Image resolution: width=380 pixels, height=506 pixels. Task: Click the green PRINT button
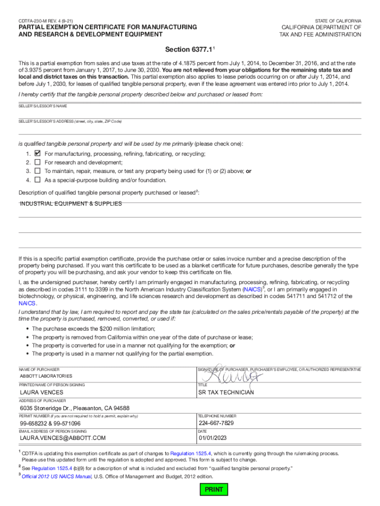coord(214,490)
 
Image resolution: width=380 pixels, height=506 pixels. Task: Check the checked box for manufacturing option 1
coord(37,154)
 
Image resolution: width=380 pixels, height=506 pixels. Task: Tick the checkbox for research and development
coord(37,163)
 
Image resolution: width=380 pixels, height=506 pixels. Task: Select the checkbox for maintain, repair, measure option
coord(37,171)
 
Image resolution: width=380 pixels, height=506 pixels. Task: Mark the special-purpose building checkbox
coord(37,180)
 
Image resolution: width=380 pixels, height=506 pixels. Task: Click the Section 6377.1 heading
coord(190,50)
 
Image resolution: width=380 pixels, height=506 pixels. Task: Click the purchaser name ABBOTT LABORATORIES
coord(45,376)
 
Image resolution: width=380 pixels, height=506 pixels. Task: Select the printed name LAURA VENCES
coord(41,393)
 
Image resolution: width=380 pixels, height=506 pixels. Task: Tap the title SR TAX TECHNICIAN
coord(226,393)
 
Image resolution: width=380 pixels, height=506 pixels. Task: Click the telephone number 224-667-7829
coord(216,423)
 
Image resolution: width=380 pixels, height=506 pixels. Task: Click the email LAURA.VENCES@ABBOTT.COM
coord(63,438)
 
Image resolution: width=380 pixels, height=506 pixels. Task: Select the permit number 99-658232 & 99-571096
coord(50,424)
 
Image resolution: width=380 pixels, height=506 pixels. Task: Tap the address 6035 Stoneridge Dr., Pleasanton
coord(75,408)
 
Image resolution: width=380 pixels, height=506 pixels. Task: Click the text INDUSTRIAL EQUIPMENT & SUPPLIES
coord(71,204)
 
